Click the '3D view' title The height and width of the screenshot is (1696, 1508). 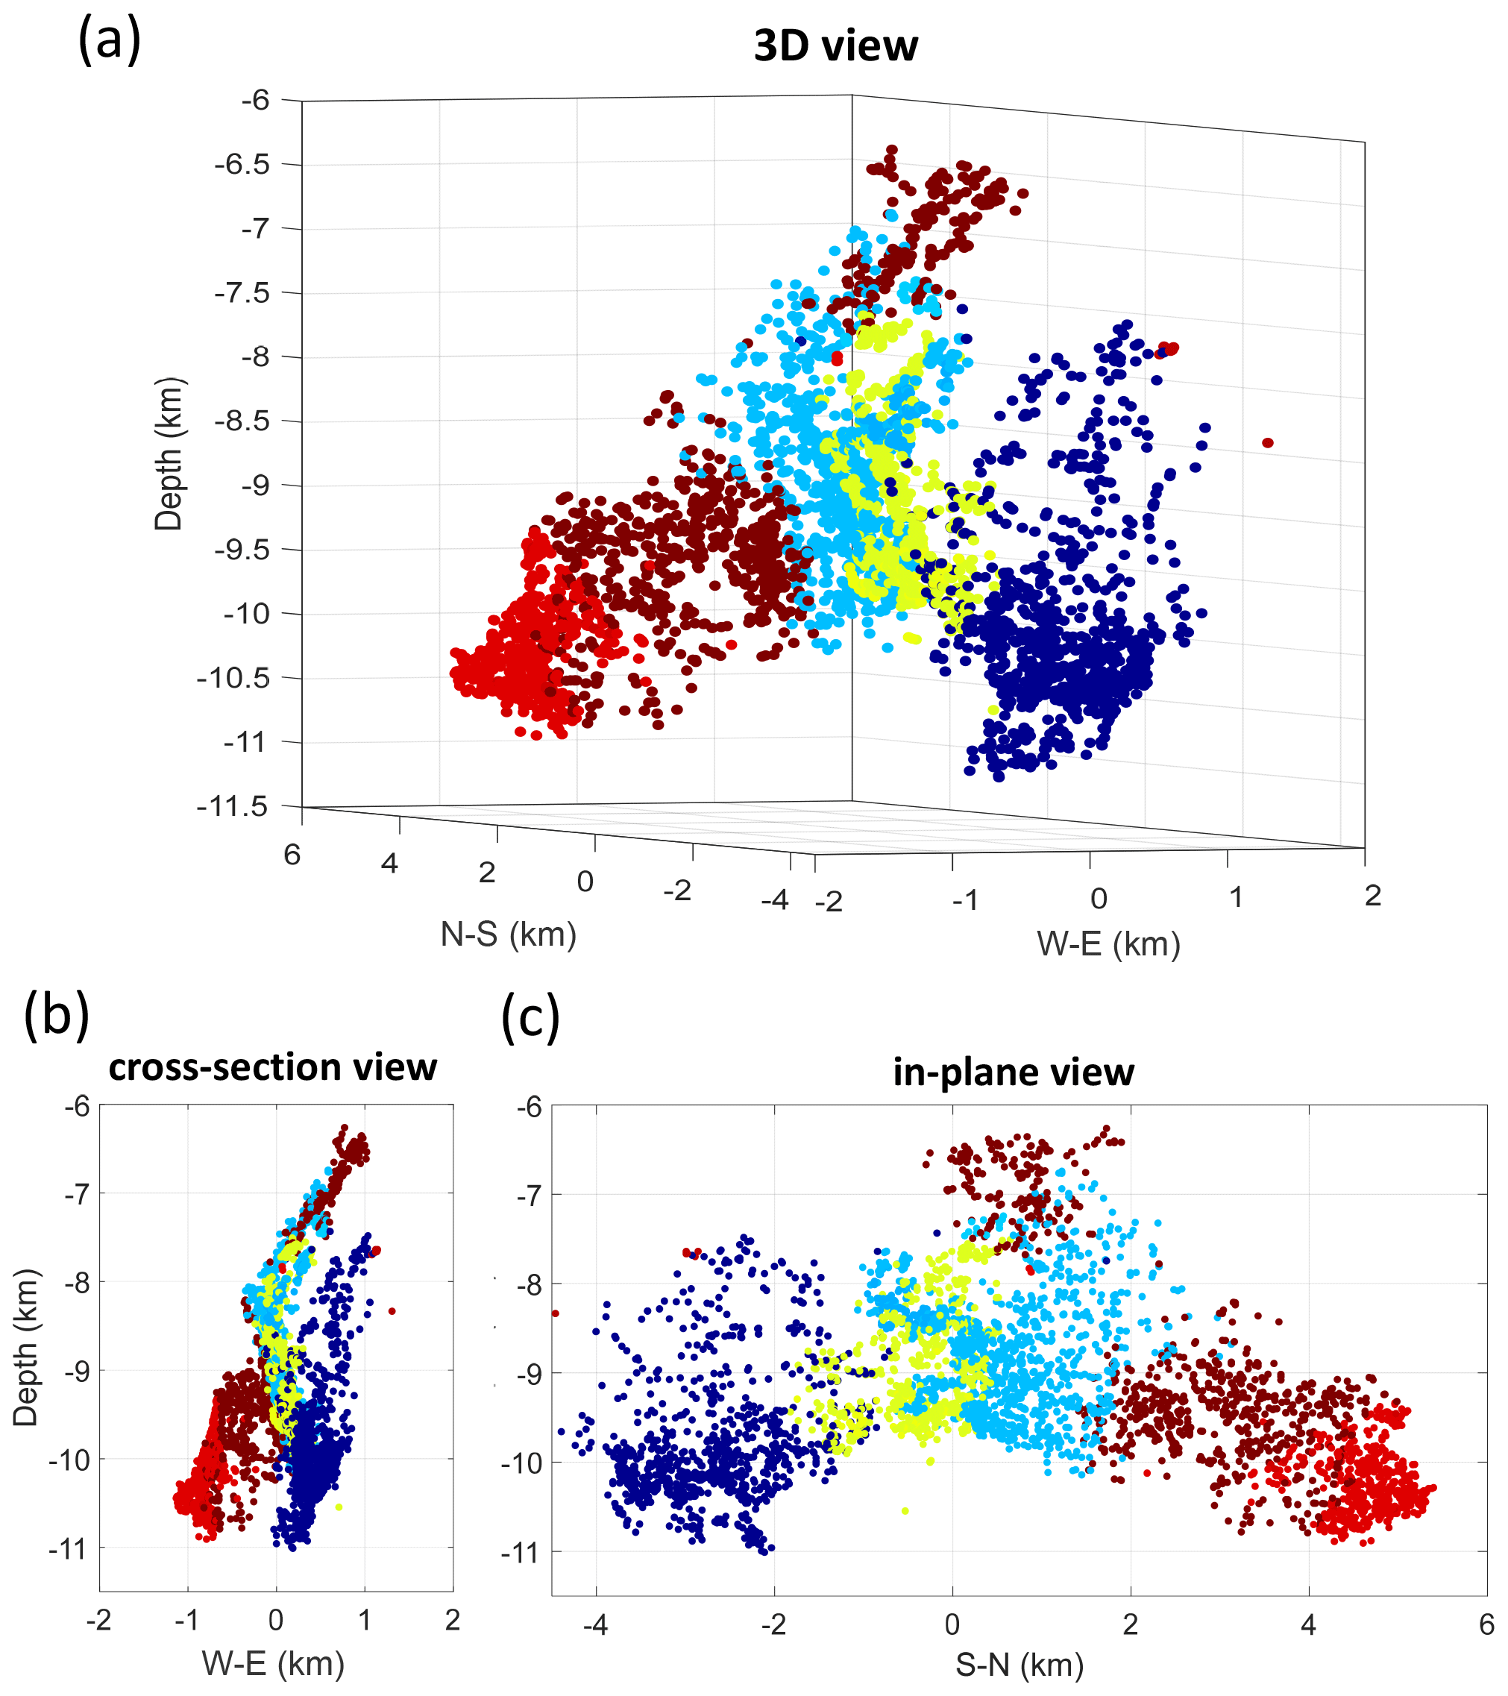[x=835, y=46]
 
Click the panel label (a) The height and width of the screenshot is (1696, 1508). [x=109, y=40]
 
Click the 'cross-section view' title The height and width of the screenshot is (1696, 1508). [x=272, y=1068]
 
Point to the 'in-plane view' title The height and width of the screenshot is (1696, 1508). [x=1013, y=1072]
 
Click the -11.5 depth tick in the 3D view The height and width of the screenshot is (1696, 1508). [x=233, y=805]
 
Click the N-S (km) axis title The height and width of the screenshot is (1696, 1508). [x=508, y=935]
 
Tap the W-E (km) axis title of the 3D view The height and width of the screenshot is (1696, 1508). [x=1108, y=944]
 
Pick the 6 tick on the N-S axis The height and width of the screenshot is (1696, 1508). [x=292, y=855]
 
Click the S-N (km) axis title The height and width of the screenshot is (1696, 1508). [x=1020, y=1665]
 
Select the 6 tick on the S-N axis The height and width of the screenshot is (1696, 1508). [x=1486, y=1624]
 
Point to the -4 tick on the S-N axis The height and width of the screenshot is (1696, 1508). [x=595, y=1624]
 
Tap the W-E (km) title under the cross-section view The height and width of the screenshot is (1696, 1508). [x=273, y=1662]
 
